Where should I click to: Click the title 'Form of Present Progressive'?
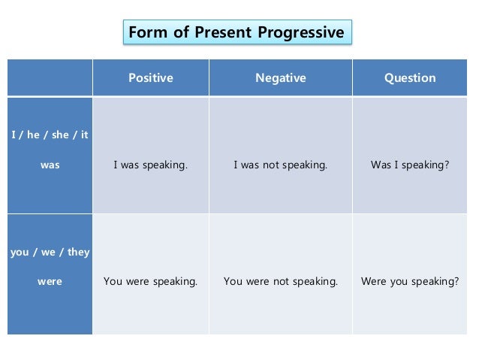tap(236, 33)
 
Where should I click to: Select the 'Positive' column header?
tap(150, 78)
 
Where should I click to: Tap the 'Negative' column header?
tap(280, 78)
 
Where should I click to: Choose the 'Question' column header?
tap(410, 78)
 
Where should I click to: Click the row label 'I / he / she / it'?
tap(50, 135)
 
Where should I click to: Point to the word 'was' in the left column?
tap(50, 165)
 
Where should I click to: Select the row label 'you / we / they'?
tap(50, 253)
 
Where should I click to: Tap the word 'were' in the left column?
tap(50, 282)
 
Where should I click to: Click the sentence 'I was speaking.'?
tap(150, 165)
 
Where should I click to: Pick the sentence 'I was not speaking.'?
tap(280, 165)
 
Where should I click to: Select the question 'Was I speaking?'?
tap(410, 165)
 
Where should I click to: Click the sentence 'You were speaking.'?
tap(150, 282)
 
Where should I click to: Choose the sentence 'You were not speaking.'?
tap(280, 282)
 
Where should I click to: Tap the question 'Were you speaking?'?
tap(410, 282)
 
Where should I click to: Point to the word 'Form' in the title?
tap(146, 33)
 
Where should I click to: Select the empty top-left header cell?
tap(50, 78)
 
